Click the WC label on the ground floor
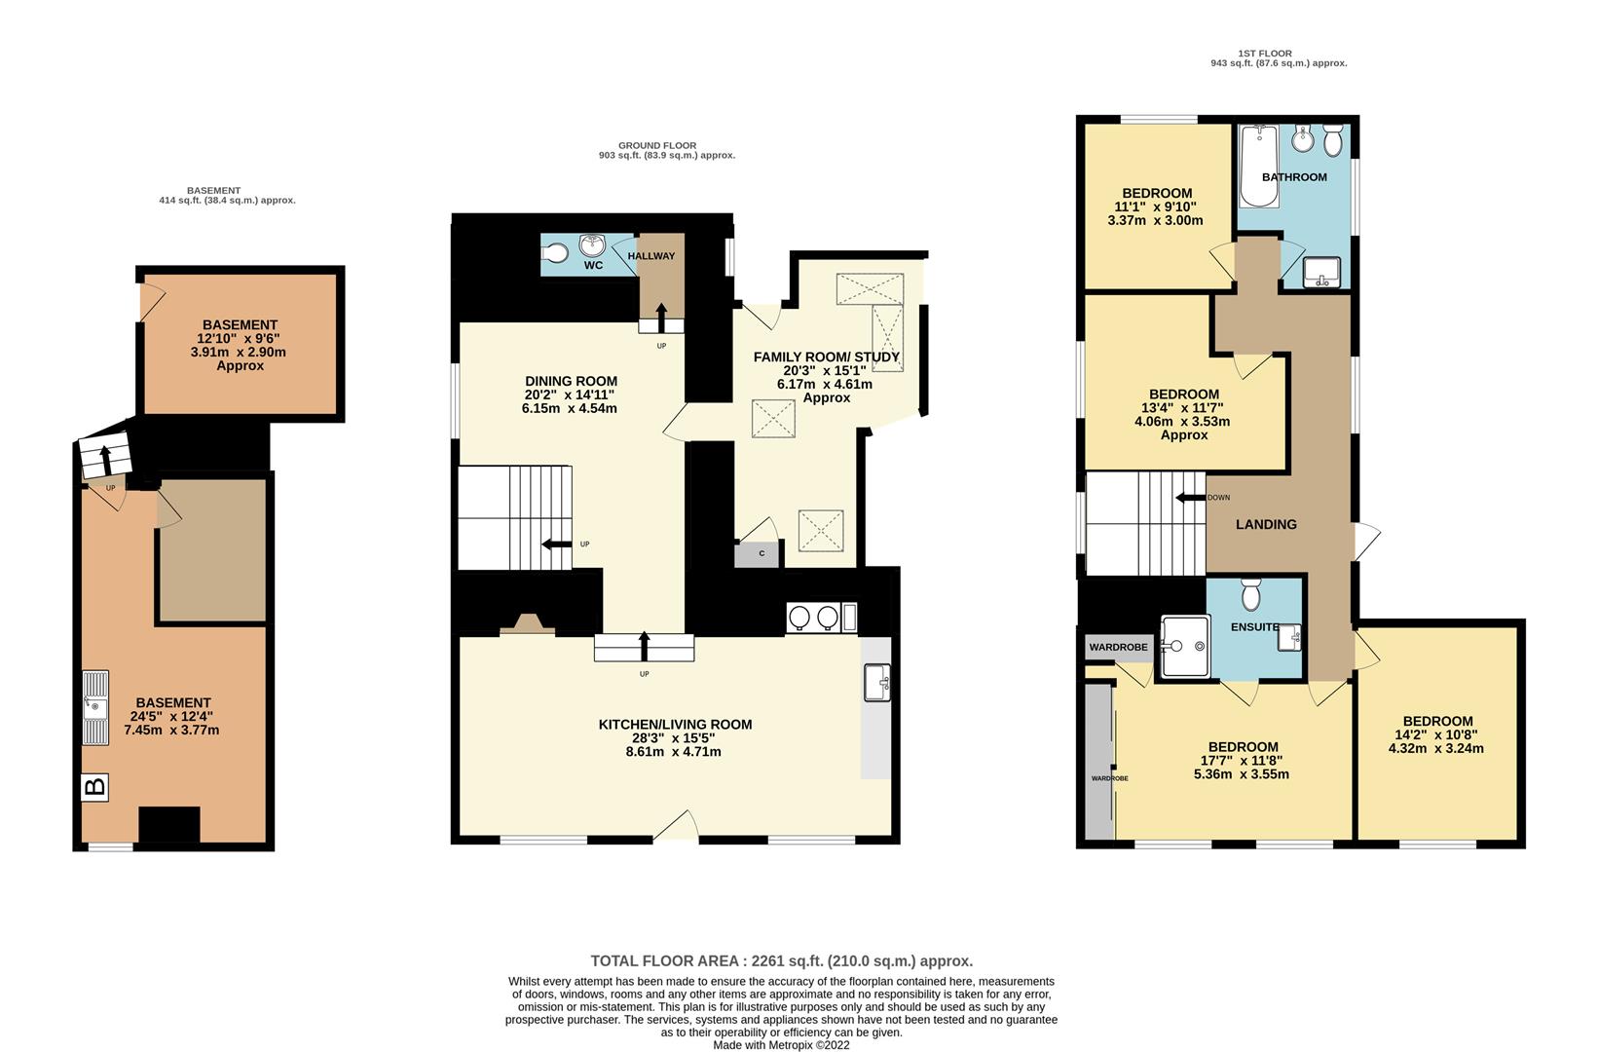click(594, 266)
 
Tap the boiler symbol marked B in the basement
click(94, 787)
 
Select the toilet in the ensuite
click(1251, 594)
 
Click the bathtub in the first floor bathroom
click(1259, 167)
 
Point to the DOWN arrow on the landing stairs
click(1191, 498)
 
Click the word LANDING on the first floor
click(1266, 525)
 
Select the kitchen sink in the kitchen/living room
click(876, 683)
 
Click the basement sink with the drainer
click(95, 708)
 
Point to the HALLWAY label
click(651, 256)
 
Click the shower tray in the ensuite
click(1185, 647)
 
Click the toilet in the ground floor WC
click(554, 252)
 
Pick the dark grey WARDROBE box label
click(1119, 648)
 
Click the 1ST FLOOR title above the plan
click(1265, 54)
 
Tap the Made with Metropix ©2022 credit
click(781, 1045)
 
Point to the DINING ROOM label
click(572, 381)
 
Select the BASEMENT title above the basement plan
click(214, 191)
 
